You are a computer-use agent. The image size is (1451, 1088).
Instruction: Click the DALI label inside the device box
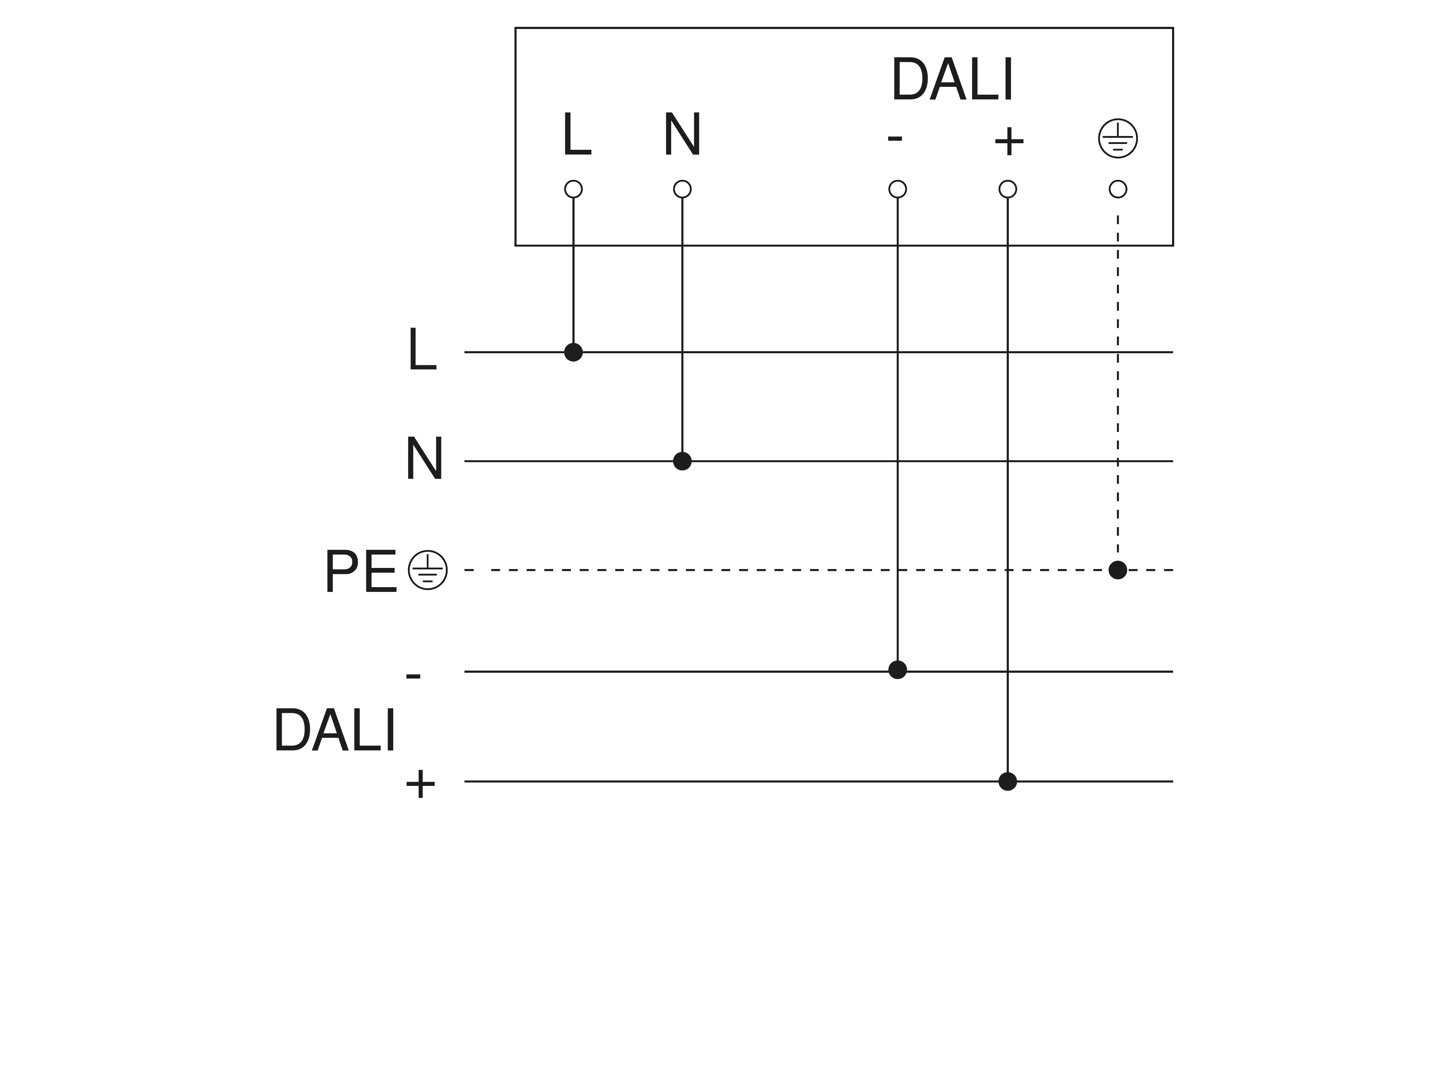click(953, 80)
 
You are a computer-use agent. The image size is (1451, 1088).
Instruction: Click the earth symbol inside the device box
click(1118, 139)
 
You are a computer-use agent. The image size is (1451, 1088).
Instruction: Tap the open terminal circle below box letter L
click(573, 189)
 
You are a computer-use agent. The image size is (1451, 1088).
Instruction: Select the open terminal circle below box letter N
click(682, 189)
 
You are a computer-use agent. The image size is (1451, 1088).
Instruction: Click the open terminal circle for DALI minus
click(897, 189)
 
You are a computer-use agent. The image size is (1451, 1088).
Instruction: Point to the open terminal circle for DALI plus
click(1008, 189)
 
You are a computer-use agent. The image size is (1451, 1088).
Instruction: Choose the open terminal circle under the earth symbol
click(1118, 189)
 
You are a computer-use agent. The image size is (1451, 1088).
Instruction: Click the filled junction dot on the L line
click(573, 352)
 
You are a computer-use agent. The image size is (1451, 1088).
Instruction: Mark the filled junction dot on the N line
click(682, 461)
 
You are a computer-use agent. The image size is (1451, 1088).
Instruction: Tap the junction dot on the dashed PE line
click(1118, 570)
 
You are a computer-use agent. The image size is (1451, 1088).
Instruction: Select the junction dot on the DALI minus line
click(897, 669)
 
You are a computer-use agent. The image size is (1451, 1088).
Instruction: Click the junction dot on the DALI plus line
click(1008, 781)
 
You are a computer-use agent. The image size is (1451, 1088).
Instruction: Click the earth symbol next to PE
click(428, 570)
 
